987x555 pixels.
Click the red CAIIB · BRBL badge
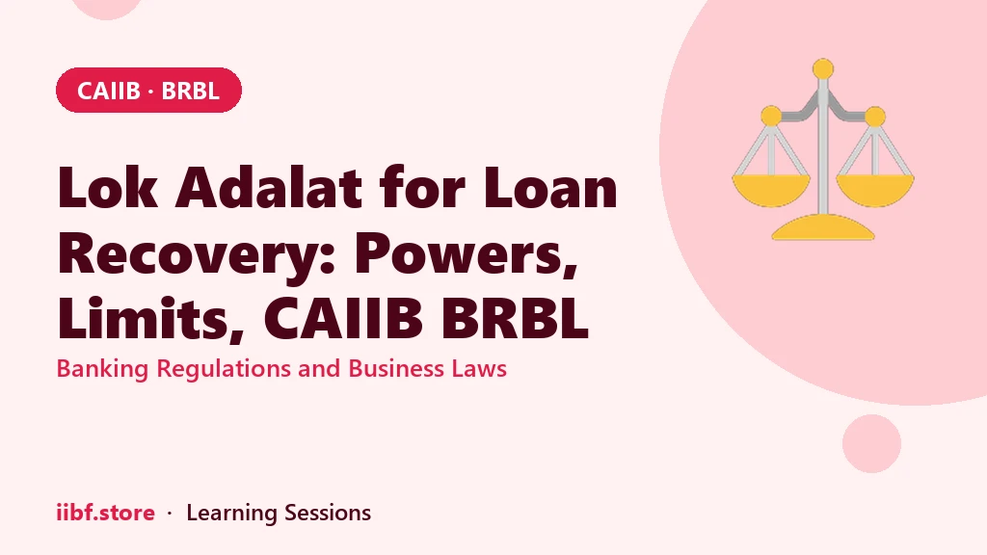click(148, 90)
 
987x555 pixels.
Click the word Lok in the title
click(108, 188)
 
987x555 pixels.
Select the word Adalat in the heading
click(269, 188)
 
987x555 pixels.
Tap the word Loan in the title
click(550, 188)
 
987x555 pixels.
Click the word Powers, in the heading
click(466, 254)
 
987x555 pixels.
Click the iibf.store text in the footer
click(106, 513)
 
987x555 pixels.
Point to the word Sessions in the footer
click(328, 513)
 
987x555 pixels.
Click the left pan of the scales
click(771, 190)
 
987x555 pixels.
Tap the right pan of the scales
click(875, 190)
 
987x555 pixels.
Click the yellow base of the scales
click(823, 227)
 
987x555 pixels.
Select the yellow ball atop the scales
click(823, 69)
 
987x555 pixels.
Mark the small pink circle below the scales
click(871, 443)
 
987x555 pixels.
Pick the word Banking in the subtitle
click(102, 369)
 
